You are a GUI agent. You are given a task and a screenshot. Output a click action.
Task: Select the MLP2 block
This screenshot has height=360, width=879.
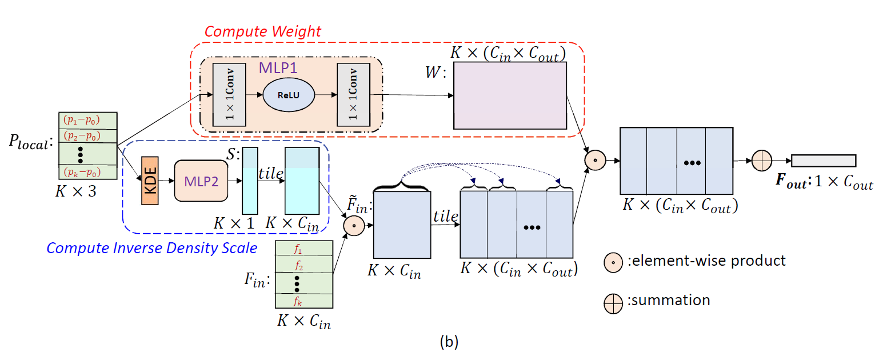point(201,181)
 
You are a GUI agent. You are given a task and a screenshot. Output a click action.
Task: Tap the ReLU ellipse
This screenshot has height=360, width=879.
point(289,95)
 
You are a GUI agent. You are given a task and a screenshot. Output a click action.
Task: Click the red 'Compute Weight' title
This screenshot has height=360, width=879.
point(263,31)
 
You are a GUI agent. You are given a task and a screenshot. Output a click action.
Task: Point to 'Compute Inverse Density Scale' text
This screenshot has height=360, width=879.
point(151,249)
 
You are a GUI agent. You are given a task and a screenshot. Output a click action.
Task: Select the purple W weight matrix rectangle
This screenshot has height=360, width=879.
point(509,95)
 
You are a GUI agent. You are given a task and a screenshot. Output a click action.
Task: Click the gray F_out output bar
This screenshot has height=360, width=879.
point(824,161)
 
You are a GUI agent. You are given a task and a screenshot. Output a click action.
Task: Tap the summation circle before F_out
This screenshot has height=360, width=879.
point(761,161)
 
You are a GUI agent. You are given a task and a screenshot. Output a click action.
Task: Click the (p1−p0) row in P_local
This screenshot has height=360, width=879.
point(88,121)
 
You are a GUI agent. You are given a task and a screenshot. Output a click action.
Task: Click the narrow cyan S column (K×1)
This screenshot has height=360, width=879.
point(250,181)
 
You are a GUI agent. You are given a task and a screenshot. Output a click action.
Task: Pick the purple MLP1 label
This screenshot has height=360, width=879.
point(278,67)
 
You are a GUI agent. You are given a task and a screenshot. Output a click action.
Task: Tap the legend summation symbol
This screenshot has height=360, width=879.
point(613,303)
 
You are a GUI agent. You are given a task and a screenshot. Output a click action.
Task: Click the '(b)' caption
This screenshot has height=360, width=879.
point(449,342)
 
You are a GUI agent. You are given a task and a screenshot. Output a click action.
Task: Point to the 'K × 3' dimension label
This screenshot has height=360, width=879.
point(75,192)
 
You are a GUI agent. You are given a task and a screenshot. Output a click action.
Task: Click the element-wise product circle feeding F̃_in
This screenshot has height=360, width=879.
point(353,226)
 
